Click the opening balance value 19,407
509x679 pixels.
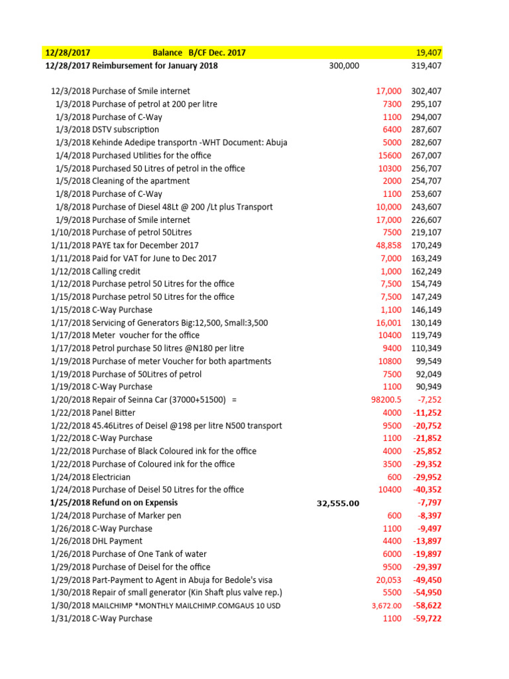click(429, 52)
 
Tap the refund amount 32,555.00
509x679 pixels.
click(338, 503)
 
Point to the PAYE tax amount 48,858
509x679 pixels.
click(388, 245)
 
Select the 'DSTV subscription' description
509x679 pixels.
click(125, 129)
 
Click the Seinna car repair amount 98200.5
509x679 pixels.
click(386, 400)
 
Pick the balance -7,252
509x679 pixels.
click(429, 400)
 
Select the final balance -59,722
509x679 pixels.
click(427, 619)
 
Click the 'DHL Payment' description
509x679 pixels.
click(117, 541)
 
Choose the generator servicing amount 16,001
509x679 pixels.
click(388, 322)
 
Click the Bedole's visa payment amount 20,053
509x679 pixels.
click(388, 580)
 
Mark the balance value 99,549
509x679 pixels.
click(429, 361)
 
